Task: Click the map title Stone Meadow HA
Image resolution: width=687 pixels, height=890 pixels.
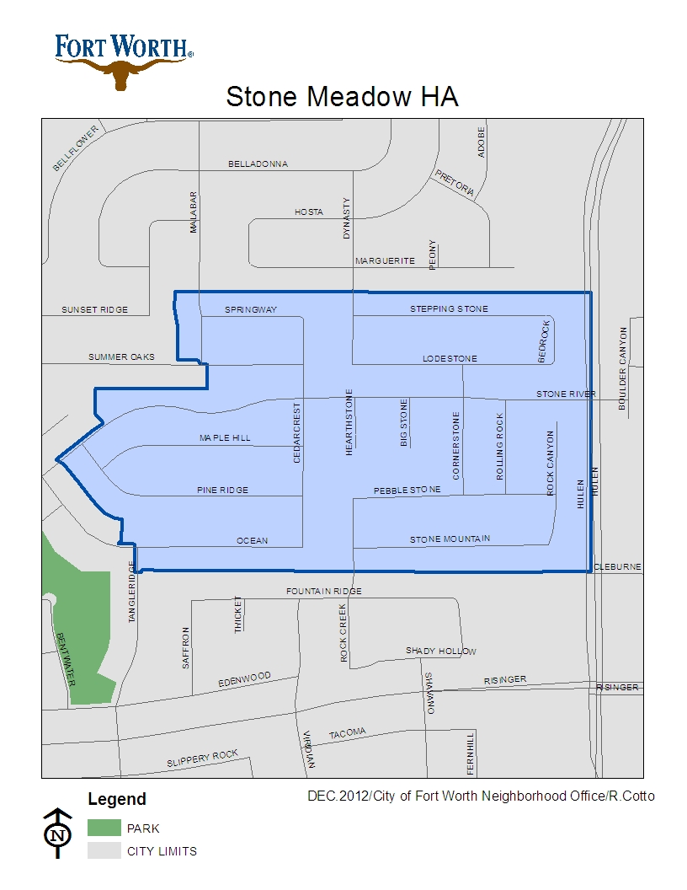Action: coord(342,97)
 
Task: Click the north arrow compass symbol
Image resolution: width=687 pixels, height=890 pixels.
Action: coord(57,834)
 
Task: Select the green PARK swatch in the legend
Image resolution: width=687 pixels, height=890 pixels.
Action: coord(104,828)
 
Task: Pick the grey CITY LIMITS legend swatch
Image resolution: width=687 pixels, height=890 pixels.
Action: coord(104,850)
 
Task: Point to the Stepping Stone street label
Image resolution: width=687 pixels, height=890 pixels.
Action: coord(449,309)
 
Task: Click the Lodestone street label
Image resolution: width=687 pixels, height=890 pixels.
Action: coord(450,359)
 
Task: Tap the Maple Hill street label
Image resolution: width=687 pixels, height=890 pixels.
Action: coord(225,438)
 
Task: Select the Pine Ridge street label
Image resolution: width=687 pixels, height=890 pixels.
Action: coord(222,490)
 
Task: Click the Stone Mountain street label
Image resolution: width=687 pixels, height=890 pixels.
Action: coord(450,539)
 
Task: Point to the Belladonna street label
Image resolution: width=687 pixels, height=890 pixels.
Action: coord(258,164)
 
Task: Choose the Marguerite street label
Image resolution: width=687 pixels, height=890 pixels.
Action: coord(385,261)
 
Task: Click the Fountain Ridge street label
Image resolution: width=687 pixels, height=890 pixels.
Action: coord(324,592)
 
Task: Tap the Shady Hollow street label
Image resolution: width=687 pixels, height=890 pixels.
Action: coord(440,651)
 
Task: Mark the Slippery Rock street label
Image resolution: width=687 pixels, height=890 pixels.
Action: coord(202,759)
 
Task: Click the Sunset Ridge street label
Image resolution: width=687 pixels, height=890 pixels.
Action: coord(94,310)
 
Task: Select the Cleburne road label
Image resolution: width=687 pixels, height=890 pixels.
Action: coord(618,567)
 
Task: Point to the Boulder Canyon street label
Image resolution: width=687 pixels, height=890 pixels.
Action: coord(623,368)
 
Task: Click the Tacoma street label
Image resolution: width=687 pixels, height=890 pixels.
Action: coord(347,733)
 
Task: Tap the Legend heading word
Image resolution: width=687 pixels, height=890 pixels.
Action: coord(117,800)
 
